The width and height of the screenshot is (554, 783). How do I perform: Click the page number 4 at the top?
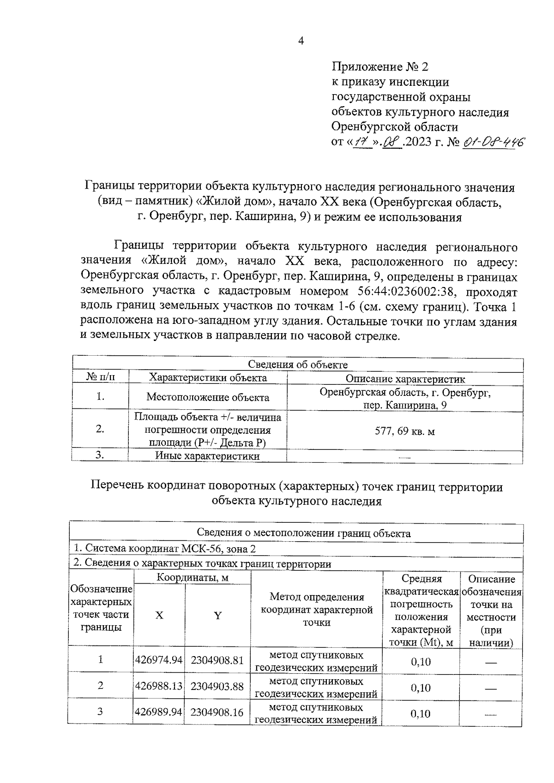[301, 41]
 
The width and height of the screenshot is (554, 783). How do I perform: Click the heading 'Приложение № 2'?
[380, 67]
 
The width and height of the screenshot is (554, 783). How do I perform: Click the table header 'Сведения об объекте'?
[298, 365]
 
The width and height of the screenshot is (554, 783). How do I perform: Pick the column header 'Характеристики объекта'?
[208, 378]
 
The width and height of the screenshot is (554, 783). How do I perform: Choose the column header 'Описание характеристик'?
[405, 379]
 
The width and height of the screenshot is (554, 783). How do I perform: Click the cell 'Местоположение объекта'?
[208, 397]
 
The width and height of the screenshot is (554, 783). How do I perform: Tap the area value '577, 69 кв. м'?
[405, 431]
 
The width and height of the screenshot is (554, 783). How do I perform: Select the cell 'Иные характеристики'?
[207, 456]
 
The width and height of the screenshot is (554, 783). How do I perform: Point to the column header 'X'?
[159, 615]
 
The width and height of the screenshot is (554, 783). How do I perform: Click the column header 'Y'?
[217, 615]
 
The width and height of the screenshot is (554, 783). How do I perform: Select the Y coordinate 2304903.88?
[217, 686]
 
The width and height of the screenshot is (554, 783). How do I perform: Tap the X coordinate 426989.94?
[159, 712]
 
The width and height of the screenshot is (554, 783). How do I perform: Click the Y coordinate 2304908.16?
[217, 712]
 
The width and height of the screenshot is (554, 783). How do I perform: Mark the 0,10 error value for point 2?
[421, 688]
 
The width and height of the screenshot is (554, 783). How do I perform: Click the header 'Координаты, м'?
[193, 577]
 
